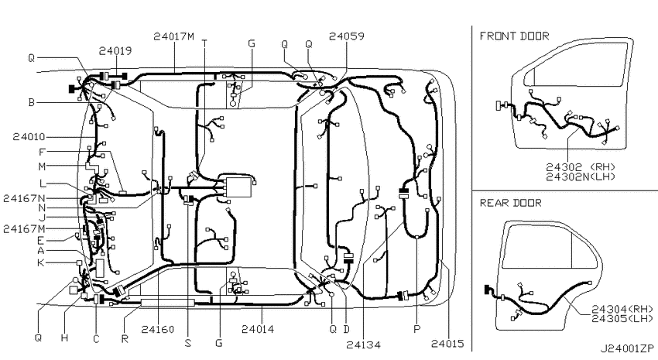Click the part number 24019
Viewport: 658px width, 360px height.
(115, 51)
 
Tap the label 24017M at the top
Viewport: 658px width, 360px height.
(173, 36)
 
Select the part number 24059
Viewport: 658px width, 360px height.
(347, 36)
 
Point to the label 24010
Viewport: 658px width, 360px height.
(29, 137)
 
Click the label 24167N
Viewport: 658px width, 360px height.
(24, 198)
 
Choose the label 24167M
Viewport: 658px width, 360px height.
(24, 228)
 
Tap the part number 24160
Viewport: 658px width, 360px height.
(157, 329)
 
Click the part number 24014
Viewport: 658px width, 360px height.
(258, 329)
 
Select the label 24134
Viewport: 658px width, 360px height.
(363, 345)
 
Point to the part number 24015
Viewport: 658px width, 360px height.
(447, 344)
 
